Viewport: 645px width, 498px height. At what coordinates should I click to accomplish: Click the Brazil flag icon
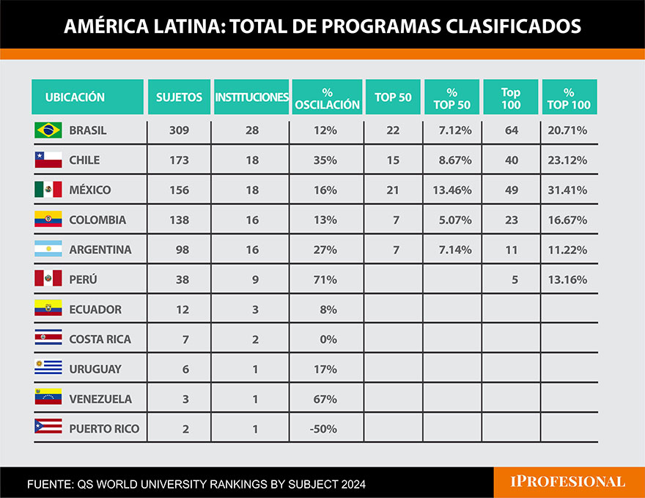click(x=48, y=130)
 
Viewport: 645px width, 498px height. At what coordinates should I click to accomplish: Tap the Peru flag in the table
click(x=48, y=279)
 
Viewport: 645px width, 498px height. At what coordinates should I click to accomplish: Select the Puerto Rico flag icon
click(x=48, y=428)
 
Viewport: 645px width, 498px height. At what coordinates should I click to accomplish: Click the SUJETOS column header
click(x=179, y=97)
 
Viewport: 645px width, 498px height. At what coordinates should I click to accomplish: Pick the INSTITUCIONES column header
click(x=251, y=97)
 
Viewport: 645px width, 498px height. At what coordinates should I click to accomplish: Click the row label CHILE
click(x=84, y=160)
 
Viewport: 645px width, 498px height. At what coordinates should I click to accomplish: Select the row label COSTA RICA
click(x=100, y=339)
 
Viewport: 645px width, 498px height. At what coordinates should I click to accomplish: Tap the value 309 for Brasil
click(x=179, y=130)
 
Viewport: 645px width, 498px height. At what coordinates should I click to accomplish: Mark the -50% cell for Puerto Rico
click(x=324, y=428)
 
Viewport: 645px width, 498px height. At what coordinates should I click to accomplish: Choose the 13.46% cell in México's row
click(x=451, y=190)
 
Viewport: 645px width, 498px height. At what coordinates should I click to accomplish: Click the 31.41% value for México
click(x=567, y=190)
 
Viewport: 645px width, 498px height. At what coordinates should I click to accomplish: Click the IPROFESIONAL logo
click(x=567, y=482)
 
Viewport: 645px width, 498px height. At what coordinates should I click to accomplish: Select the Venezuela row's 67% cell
click(x=325, y=399)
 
